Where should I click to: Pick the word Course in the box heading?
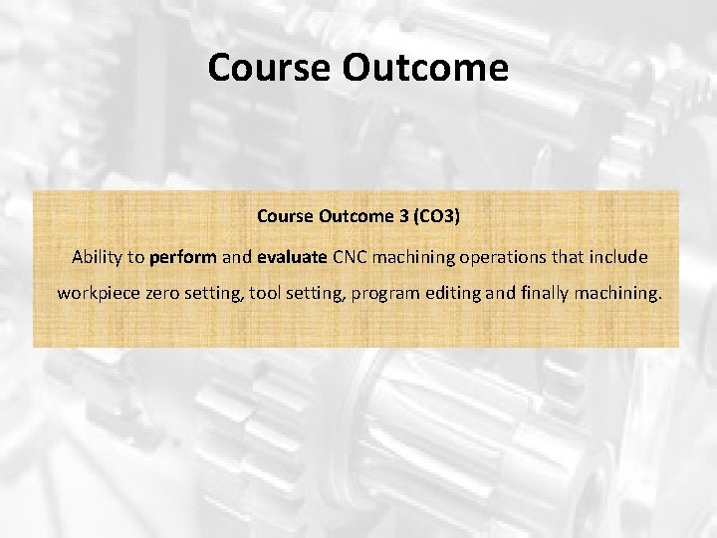(284, 215)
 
